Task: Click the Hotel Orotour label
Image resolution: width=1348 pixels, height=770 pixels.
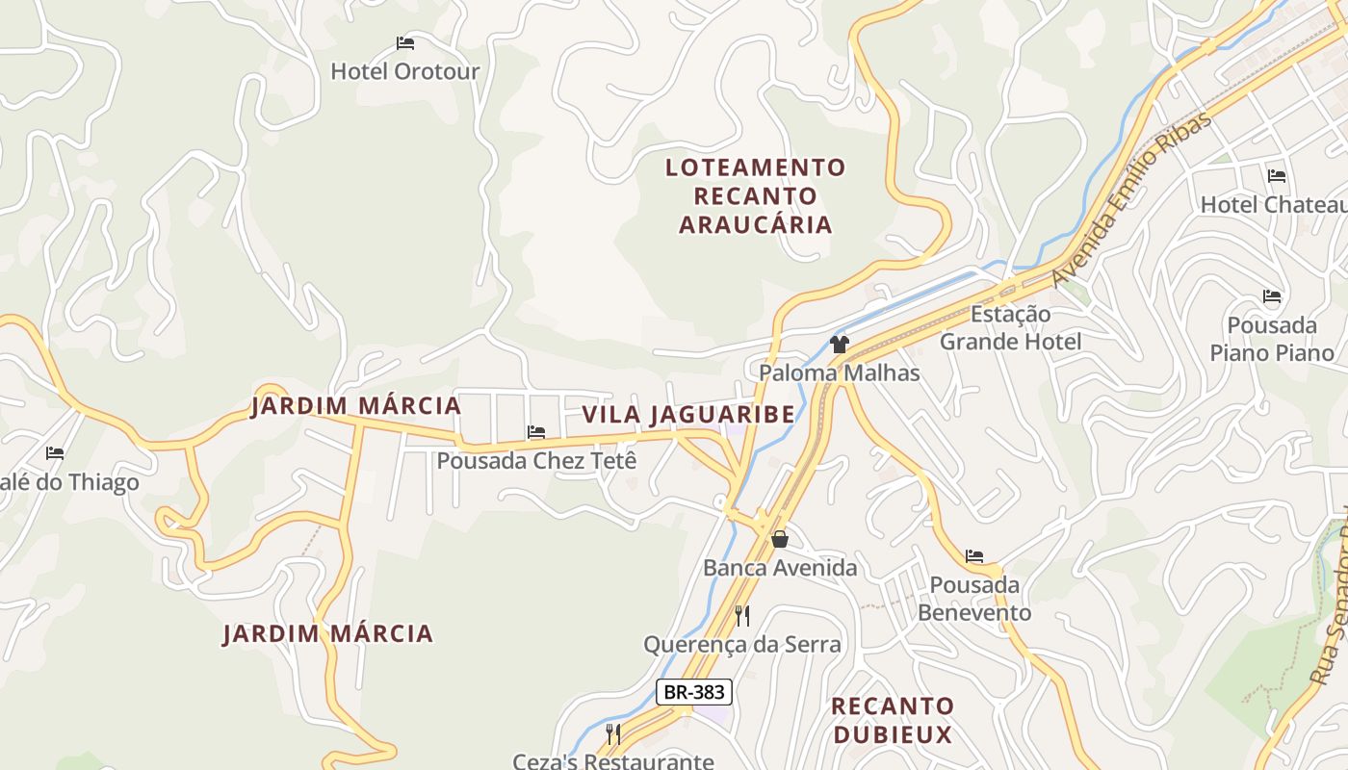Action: [404, 71]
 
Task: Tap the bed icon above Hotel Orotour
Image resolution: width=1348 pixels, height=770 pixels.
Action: [405, 43]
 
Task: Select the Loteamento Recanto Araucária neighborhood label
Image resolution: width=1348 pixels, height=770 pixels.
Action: [756, 196]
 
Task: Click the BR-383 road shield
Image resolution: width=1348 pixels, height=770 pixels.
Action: [694, 691]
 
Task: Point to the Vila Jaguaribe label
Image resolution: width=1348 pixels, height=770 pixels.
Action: [688, 415]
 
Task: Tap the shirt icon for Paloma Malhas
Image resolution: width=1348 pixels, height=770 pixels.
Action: [840, 345]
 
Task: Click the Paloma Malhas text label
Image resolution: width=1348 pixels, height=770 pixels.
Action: [840, 372]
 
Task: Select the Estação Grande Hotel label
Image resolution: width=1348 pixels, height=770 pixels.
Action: [1010, 328]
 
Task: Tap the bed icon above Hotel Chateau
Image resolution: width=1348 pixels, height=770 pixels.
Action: [1277, 176]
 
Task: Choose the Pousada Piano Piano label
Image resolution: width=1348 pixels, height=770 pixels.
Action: [1272, 339]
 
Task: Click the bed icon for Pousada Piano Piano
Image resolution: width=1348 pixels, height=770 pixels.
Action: [1272, 296]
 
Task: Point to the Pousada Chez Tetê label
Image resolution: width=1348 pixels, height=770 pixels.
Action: [536, 461]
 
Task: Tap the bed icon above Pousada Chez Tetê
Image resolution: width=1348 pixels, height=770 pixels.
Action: [536, 432]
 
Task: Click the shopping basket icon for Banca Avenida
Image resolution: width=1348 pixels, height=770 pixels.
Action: [780, 540]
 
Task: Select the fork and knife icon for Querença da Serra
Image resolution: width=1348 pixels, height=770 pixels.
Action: [742, 615]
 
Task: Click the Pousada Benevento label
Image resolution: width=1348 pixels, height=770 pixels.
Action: [973, 599]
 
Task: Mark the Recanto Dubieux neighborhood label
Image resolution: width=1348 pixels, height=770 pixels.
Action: [893, 721]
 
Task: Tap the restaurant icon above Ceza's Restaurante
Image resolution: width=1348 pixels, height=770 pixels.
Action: [613, 734]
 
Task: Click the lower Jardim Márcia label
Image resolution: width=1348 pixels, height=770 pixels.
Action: [328, 634]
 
